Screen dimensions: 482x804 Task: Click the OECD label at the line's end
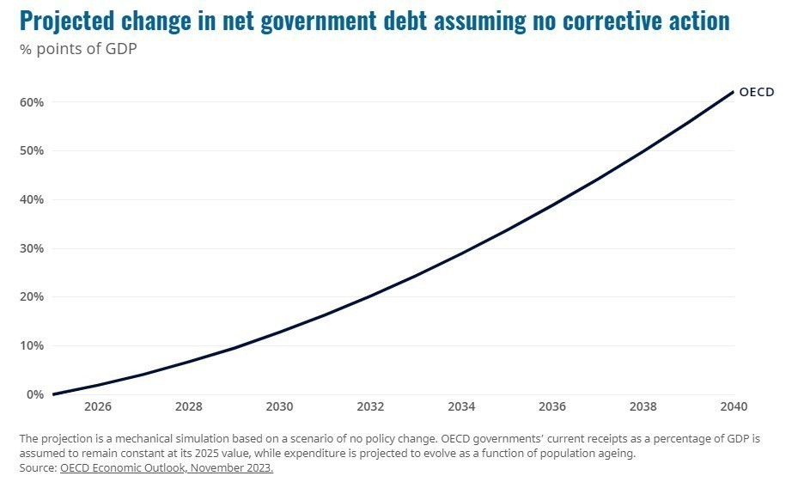(x=757, y=93)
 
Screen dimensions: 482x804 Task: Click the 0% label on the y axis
(x=35, y=395)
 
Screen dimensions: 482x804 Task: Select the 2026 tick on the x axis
(x=98, y=407)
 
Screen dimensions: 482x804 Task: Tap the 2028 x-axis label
(x=189, y=407)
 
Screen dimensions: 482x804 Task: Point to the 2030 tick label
(x=280, y=407)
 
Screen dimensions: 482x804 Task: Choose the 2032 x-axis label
(x=370, y=407)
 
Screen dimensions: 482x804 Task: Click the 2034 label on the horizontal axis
(x=461, y=407)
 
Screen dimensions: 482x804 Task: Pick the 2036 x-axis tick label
(x=552, y=407)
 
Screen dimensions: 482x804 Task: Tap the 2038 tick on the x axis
(x=643, y=407)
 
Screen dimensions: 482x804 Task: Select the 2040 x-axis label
(x=733, y=407)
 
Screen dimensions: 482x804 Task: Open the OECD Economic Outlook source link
(x=167, y=468)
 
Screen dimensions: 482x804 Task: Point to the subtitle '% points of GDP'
(x=78, y=48)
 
